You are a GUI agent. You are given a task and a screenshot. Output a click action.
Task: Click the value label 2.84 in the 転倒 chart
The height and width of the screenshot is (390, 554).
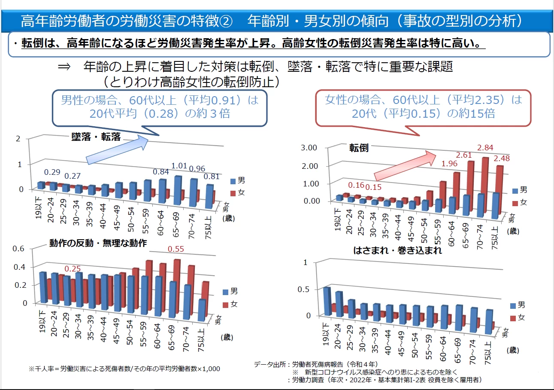point(485,148)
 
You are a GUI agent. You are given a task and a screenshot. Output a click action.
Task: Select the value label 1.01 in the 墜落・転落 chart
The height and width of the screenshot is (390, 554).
point(180,166)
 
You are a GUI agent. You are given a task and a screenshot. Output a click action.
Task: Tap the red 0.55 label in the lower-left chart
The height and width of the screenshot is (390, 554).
point(176,249)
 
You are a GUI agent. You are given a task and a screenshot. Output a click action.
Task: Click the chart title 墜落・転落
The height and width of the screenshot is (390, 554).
point(96,137)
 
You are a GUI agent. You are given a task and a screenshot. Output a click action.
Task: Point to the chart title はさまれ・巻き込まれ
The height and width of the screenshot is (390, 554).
point(398,250)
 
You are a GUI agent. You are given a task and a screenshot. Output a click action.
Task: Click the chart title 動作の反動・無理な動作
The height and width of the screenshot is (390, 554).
point(98,243)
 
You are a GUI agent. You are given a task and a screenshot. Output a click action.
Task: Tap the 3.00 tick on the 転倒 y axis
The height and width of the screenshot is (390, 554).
point(310,148)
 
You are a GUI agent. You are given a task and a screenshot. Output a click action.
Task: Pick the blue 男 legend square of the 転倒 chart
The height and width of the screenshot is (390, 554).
point(515,190)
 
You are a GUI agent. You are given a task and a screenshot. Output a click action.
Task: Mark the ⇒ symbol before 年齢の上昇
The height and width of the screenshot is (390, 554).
point(64,67)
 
